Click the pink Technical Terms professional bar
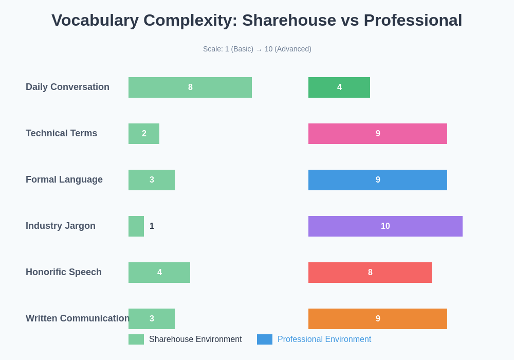[x=378, y=134]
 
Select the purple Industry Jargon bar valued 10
[x=385, y=226]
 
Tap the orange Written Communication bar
[x=378, y=319]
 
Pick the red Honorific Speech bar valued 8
[x=370, y=273]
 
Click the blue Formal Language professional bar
[x=378, y=180]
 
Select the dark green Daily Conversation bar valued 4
[x=339, y=87]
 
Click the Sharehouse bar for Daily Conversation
[x=190, y=87]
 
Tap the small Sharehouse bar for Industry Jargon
[x=136, y=226]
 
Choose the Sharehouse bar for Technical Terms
[x=144, y=134]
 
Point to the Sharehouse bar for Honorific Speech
[x=159, y=273]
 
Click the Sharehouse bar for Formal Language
[x=152, y=180]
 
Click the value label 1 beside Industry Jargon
[x=152, y=226]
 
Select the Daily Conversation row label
[x=67, y=87]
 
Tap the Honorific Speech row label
[x=64, y=272]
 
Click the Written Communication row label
[x=77, y=318]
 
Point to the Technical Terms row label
[x=61, y=133]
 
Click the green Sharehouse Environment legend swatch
[x=136, y=339]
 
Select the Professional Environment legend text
[x=324, y=339]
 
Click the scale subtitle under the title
[x=257, y=49]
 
